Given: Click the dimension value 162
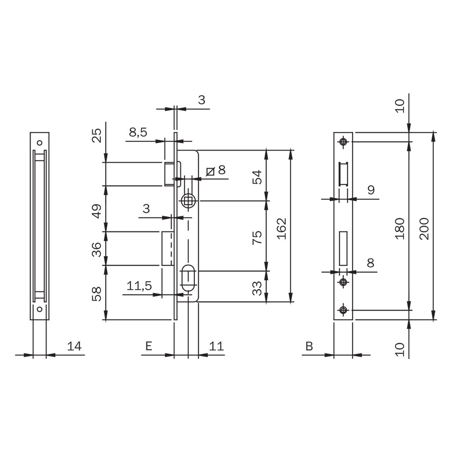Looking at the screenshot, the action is pos(282,229).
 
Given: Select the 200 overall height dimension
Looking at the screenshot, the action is pos(425,229).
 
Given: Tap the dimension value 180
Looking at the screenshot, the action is pos(400,229).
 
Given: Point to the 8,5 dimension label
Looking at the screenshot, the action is pos(138,132).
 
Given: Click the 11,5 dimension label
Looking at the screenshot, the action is pos(139,286).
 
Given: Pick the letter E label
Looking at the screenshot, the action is pos(149,346).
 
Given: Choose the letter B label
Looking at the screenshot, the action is pos(309,346).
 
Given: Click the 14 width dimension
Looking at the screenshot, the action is pos(75,346).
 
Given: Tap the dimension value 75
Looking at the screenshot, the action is pos(257,237).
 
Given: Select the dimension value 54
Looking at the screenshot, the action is pos(257,177).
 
